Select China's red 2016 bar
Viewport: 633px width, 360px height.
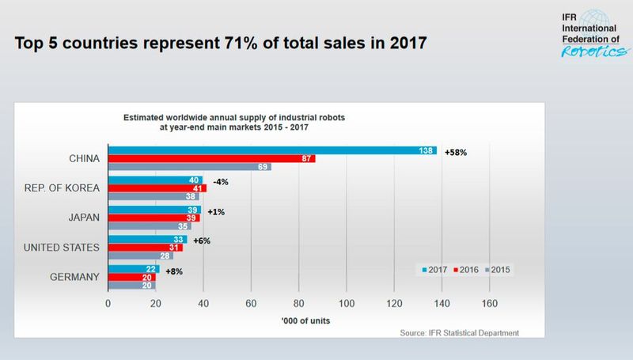[x=211, y=159]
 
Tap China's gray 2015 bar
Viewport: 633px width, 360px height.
[x=189, y=167]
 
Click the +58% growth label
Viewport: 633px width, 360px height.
[x=457, y=150]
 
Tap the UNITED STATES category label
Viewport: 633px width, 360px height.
[x=62, y=248]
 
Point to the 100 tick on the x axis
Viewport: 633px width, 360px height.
[x=347, y=302]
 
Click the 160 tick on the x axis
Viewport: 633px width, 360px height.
[x=490, y=302]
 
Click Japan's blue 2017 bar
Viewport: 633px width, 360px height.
[x=154, y=209]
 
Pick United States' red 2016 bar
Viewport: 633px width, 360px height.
[x=145, y=247]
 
